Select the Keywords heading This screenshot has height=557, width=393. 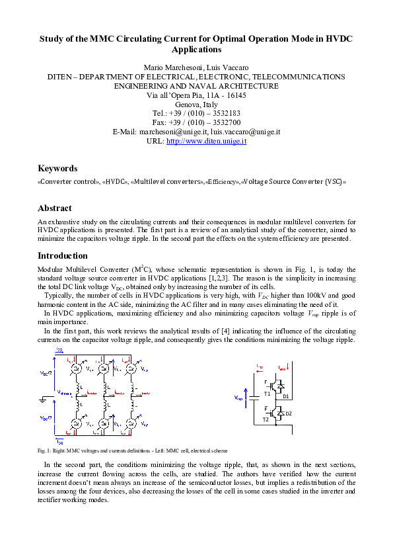pos(57,168)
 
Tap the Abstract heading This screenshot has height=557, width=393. pos(55,208)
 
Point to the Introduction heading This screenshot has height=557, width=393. pos(62,255)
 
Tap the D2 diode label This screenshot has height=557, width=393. pos(288,414)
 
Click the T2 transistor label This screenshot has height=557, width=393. pos(266,419)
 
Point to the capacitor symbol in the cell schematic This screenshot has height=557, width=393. pos(255,399)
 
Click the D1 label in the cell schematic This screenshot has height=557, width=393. pos(286,396)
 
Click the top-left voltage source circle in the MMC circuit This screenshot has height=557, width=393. pos(75,368)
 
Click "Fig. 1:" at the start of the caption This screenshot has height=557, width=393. pos(45,450)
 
